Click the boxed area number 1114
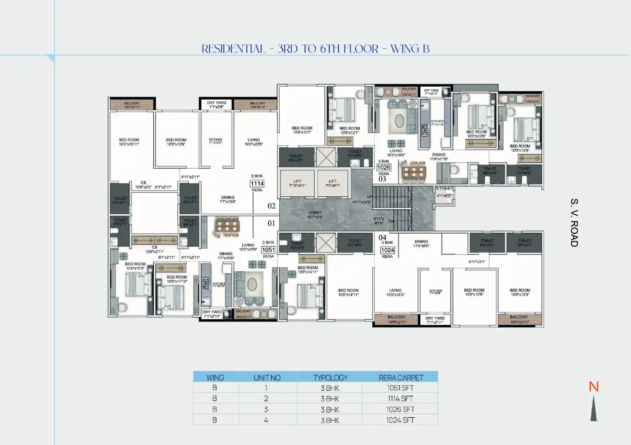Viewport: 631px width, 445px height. coord(257,184)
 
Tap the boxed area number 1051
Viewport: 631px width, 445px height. coord(268,250)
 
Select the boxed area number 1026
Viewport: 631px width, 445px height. coord(384,168)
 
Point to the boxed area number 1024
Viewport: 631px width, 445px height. coord(387,250)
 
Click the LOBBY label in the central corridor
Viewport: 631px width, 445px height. coord(315,213)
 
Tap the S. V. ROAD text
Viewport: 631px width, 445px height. coord(574,223)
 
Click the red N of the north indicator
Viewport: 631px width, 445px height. coord(594,387)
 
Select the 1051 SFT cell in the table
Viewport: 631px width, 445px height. coord(400,388)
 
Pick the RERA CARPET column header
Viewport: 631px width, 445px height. coord(401,378)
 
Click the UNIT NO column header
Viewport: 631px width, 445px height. coord(267,378)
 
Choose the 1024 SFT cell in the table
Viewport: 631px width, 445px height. coord(400,420)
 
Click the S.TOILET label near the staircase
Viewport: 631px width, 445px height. coord(444,188)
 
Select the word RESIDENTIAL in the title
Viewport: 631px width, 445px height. coord(234,49)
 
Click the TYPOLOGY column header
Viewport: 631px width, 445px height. coord(330,378)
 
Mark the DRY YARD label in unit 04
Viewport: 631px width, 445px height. coord(435,318)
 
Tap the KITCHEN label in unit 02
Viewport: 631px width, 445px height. coord(216,140)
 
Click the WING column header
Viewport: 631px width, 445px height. coord(215,378)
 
